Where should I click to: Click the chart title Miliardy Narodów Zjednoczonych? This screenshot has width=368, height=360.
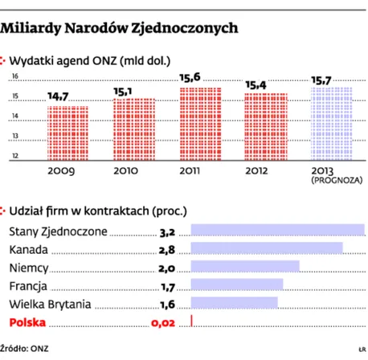[120, 27]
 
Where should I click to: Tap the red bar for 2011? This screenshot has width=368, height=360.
[192, 125]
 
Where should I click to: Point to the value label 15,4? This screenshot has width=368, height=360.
[257, 84]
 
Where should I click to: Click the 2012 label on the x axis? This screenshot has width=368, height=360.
[258, 171]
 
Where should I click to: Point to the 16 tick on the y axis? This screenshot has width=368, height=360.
[15, 77]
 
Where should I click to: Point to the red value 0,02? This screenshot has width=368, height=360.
[162, 323]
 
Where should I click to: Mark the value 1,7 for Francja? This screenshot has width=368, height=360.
[167, 286]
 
